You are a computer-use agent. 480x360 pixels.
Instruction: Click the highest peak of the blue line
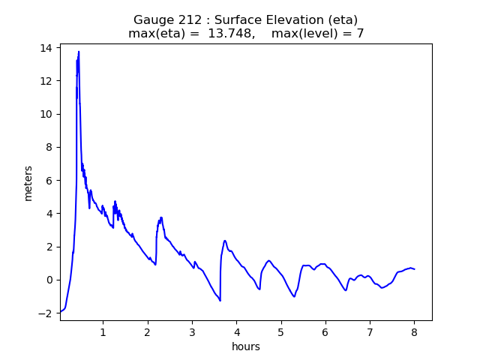[x=79, y=52]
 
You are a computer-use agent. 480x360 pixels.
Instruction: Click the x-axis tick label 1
[x=103, y=332]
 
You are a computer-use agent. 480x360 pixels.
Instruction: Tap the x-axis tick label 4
[x=236, y=332]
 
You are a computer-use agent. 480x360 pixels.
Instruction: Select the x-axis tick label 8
[x=414, y=332]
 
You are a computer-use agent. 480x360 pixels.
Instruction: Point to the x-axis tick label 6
[x=325, y=332]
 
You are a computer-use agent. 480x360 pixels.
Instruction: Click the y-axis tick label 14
[x=46, y=48]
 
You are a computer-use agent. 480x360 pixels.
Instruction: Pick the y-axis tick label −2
[x=46, y=313]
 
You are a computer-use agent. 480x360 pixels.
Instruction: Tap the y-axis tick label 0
[x=49, y=280]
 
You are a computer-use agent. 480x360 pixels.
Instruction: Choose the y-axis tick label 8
[x=49, y=147]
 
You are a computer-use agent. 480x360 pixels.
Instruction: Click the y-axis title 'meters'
[x=28, y=183]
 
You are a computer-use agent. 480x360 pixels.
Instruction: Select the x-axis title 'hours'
[x=246, y=347]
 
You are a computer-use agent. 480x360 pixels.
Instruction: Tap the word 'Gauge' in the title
[x=152, y=20]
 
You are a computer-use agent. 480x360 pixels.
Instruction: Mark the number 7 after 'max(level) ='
[x=360, y=34]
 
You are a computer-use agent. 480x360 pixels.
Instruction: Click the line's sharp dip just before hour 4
[x=220, y=301]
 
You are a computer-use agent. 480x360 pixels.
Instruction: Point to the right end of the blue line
[x=415, y=269]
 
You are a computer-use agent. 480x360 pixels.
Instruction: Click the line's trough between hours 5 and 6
[x=294, y=296]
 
